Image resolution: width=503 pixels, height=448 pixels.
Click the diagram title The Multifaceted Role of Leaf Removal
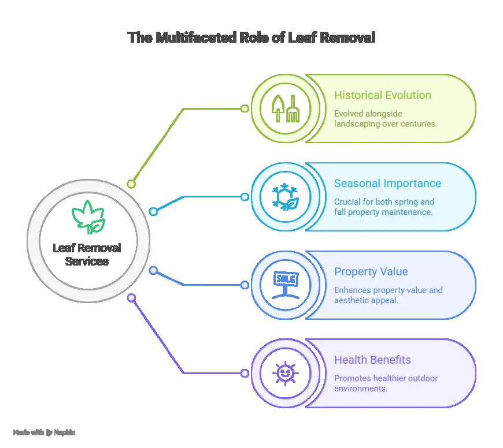click(x=251, y=38)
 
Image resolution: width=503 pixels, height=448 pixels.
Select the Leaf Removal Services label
click(x=87, y=255)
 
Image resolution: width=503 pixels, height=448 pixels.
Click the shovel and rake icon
click(x=285, y=108)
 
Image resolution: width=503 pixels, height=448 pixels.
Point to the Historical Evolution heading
click(x=382, y=95)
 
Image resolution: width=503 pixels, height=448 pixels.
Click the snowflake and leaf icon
click(x=285, y=196)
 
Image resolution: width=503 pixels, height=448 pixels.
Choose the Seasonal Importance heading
click(x=387, y=184)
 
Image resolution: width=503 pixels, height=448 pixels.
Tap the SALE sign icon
click(x=285, y=285)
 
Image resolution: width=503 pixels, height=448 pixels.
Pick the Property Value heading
click(x=371, y=272)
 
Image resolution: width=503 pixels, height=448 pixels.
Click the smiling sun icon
click(x=285, y=372)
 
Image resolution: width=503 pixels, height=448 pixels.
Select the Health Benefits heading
click(x=372, y=360)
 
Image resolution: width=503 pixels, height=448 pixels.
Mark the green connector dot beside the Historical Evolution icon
click(x=245, y=108)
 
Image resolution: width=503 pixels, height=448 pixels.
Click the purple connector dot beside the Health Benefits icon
click(x=245, y=373)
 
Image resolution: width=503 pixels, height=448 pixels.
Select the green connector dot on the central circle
click(x=132, y=184)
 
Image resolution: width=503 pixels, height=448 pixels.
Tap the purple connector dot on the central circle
click(x=132, y=298)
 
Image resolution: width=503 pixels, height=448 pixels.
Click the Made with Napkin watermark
click(x=44, y=432)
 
